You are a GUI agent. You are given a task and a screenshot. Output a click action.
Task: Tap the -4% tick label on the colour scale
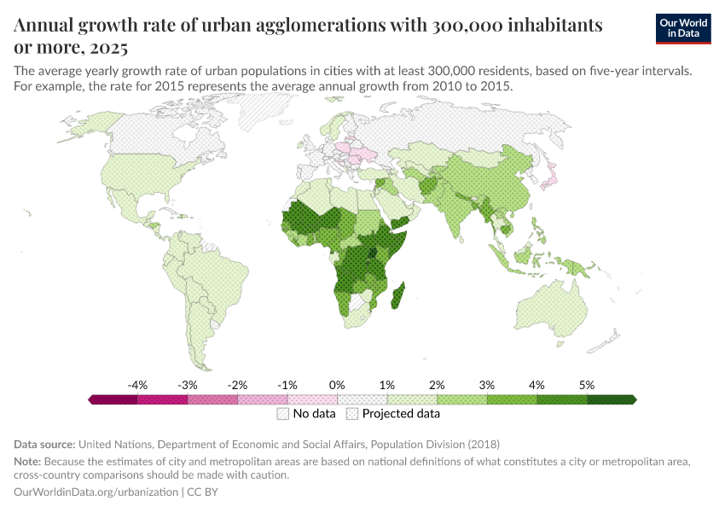tap(138, 386)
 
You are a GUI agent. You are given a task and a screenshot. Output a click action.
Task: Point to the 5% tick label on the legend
tap(587, 386)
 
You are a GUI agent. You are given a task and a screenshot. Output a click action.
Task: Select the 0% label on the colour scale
tap(337, 386)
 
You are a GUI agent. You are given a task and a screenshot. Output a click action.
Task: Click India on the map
tap(461, 217)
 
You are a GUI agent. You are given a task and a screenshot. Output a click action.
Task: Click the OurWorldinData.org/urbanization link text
tap(96, 492)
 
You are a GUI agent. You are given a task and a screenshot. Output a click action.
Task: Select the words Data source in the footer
tap(45, 445)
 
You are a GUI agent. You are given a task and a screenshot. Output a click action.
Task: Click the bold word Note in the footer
tap(28, 462)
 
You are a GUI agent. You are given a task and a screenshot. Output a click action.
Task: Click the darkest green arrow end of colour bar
tap(632, 399)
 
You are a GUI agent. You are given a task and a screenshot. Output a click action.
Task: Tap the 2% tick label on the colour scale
tap(437, 386)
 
